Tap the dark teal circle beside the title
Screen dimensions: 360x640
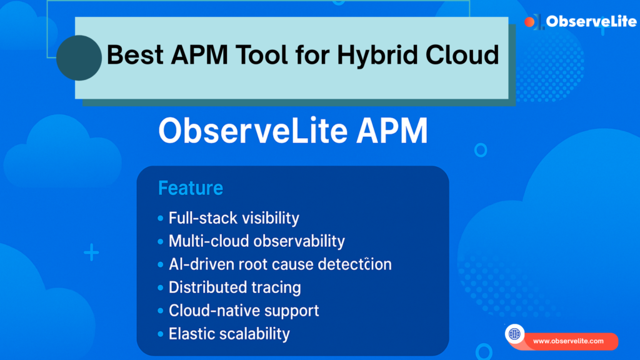[79, 57]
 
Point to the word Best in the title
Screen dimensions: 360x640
[133, 56]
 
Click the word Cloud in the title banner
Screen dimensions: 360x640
[462, 56]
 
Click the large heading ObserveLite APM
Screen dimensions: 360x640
[292, 132]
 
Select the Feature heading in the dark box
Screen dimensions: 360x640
[190, 187]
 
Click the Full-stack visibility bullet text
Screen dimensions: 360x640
[234, 218]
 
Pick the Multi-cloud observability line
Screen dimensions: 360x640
[256, 241]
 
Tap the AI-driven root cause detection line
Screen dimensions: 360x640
[280, 264]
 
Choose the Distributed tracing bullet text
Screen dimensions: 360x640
[234, 287]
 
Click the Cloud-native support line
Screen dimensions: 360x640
[244, 311]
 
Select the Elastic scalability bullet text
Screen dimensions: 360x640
[229, 334]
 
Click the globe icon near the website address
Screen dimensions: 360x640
[514, 334]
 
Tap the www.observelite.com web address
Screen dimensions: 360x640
[568, 341]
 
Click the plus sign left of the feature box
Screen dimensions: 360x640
[91, 253]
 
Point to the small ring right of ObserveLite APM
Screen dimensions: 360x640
[480, 150]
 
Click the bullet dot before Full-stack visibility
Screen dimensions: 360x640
[161, 219]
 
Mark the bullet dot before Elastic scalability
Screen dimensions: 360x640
[161, 334]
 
